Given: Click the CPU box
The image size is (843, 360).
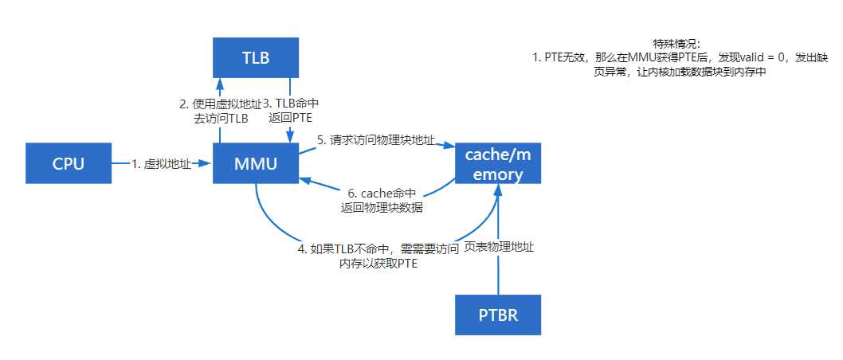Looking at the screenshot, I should (68, 164).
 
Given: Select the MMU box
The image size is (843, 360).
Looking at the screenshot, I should (255, 164).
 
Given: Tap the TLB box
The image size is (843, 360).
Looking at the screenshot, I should (255, 58).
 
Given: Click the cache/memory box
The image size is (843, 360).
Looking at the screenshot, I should (498, 164).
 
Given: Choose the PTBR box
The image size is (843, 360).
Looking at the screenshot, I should (498, 315).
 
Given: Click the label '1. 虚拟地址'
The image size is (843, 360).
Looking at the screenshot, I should (162, 164).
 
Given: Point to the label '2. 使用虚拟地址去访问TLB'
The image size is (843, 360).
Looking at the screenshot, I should (220, 111).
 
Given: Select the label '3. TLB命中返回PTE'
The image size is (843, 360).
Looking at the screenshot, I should (292, 111).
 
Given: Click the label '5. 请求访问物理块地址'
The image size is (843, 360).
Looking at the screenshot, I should (375, 141).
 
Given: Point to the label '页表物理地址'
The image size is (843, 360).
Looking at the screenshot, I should (499, 248).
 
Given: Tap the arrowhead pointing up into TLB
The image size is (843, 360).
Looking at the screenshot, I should (219, 82).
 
